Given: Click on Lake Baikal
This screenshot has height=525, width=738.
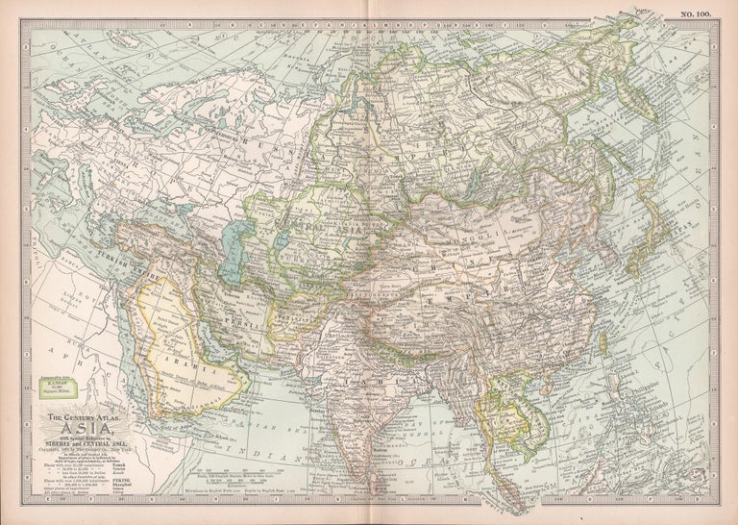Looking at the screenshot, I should coord(452,163).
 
